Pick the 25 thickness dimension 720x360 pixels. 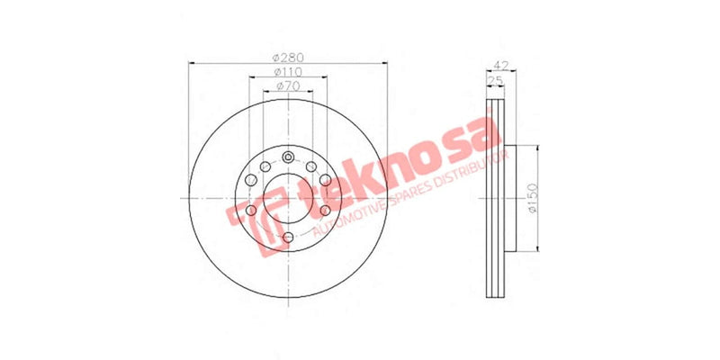(493, 81)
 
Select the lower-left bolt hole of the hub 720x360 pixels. (250, 212)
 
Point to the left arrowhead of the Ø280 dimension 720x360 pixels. (191, 63)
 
